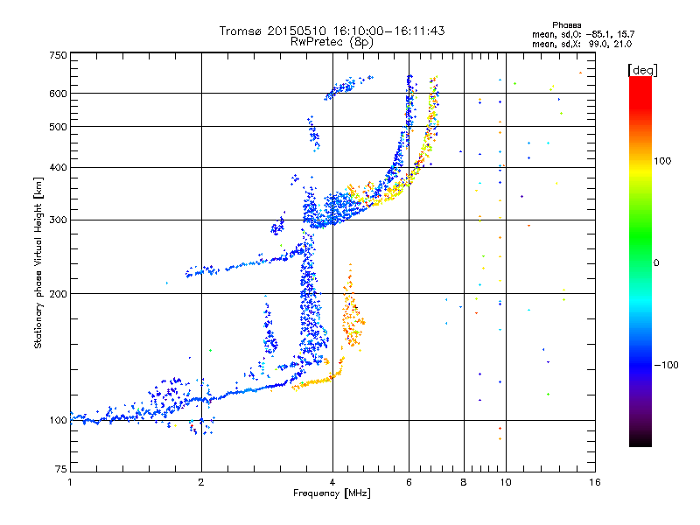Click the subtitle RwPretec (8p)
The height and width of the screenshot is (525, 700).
[x=332, y=42]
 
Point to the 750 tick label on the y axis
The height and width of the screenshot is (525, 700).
[x=59, y=55]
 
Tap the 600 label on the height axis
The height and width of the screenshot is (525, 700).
[x=59, y=94]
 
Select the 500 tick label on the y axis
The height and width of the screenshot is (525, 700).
[x=59, y=127]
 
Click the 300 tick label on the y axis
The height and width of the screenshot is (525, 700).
[x=59, y=220]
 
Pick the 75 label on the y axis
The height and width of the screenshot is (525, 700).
[x=61, y=469]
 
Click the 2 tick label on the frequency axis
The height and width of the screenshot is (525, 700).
[x=201, y=482]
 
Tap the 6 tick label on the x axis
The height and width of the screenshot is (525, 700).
[x=409, y=482]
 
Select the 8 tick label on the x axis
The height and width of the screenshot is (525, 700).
[x=464, y=482]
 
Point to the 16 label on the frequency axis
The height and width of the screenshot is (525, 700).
[x=595, y=482]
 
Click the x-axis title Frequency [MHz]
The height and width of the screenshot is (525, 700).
[x=332, y=493]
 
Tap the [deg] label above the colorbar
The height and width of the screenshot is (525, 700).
[x=642, y=71]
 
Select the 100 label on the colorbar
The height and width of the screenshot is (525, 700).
[x=662, y=161]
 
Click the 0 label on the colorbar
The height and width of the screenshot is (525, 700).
[x=656, y=263]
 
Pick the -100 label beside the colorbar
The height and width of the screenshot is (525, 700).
[x=666, y=365]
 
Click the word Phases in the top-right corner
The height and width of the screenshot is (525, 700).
[x=567, y=25]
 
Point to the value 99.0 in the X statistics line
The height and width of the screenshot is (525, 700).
[x=596, y=45]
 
